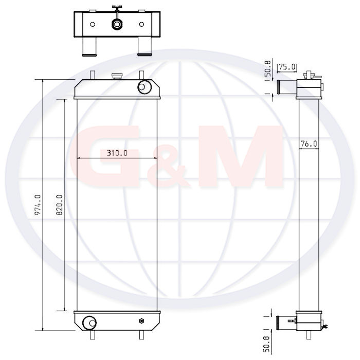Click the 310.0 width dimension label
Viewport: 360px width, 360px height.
tap(117, 153)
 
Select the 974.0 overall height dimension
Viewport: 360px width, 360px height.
tap(38, 205)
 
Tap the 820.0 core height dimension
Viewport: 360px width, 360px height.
tap(60, 205)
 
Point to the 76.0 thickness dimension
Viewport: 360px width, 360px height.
tap(309, 144)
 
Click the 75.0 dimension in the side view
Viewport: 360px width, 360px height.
tap(287, 67)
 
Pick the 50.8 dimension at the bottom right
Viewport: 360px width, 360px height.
tap(266, 345)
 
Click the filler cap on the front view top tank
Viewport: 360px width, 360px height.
tap(117, 76)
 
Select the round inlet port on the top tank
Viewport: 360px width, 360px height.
tap(145, 87)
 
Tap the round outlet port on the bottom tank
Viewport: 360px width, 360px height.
tap(89, 323)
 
